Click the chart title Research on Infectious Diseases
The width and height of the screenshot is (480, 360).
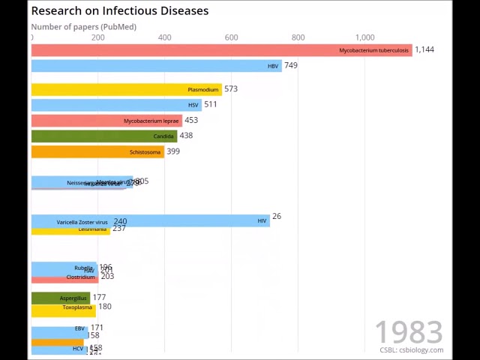click(120, 10)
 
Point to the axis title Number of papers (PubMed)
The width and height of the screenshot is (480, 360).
click(83, 27)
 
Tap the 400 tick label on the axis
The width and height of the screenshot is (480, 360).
click(164, 37)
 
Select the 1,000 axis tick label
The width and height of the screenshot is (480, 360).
click(364, 37)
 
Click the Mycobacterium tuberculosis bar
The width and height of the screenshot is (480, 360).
click(221, 50)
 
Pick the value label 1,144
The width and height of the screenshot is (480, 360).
click(424, 49)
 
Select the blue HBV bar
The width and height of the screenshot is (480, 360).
click(156, 66)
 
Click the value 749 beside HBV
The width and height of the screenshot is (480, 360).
click(291, 65)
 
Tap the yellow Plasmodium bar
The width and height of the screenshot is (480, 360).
click(126, 89)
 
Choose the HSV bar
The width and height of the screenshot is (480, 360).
click(116, 105)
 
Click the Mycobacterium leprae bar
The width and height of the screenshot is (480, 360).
click(106, 121)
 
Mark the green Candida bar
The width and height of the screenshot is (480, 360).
click(103, 136)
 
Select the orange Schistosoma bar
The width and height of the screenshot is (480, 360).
click(97, 152)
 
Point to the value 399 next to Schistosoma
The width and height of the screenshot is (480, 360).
click(173, 151)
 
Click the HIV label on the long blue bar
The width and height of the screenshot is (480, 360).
click(262, 221)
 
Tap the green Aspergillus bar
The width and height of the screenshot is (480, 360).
click(60, 298)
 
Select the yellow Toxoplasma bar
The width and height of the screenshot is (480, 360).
click(63, 307)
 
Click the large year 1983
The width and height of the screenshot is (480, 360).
click(409, 332)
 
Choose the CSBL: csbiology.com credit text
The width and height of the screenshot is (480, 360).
click(411, 350)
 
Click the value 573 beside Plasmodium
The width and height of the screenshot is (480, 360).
click(231, 88)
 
